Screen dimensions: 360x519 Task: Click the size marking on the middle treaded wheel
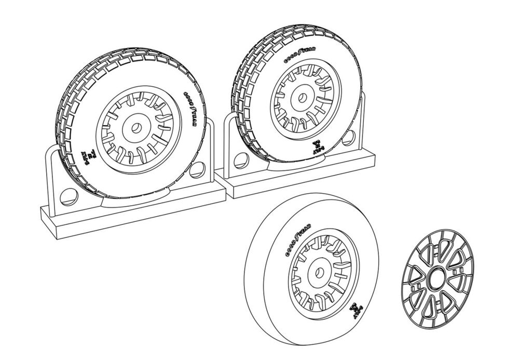point(318,148)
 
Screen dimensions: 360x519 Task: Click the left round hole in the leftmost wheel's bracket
point(67,196)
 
